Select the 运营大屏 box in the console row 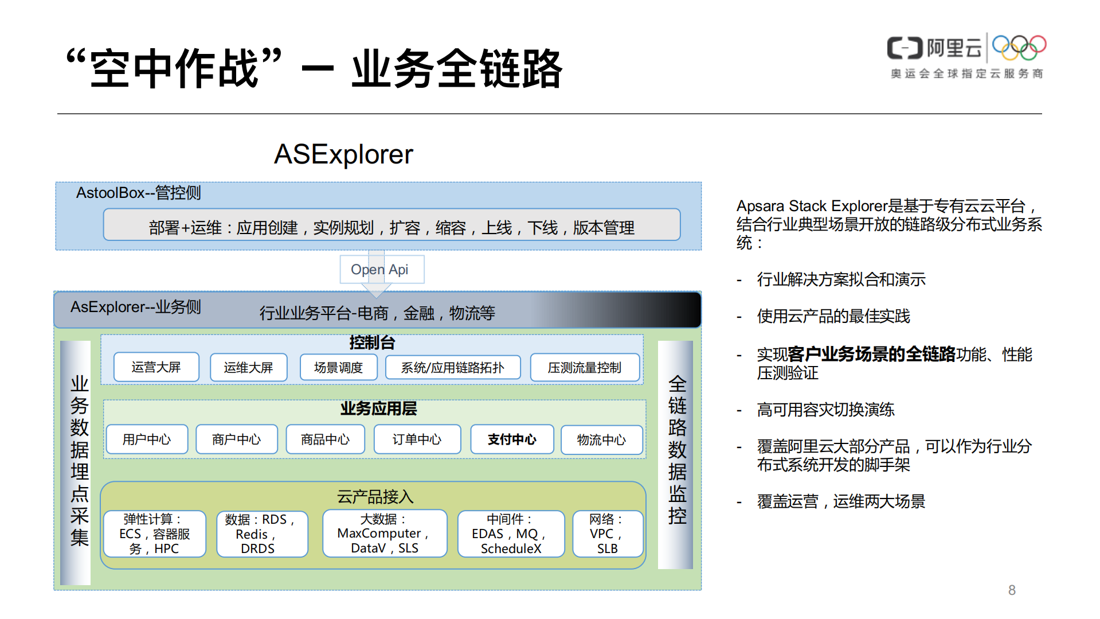tap(156, 367)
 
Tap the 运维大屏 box tap(248, 367)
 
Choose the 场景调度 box tap(338, 367)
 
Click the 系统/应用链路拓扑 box tap(453, 367)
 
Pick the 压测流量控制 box tap(584, 367)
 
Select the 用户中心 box tap(147, 439)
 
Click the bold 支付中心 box tap(512, 439)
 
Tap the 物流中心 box tap(601, 439)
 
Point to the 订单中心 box tap(417, 439)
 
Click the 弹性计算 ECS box tap(154, 534)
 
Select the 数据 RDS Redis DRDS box tap(262, 534)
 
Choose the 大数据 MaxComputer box tap(385, 534)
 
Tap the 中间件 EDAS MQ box tap(511, 534)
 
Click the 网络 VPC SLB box tap(608, 534)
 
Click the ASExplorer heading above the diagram tap(343, 154)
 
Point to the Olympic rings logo tap(1019, 47)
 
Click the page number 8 tap(1012, 590)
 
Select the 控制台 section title tap(372, 342)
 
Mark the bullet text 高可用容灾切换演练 tap(825, 410)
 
